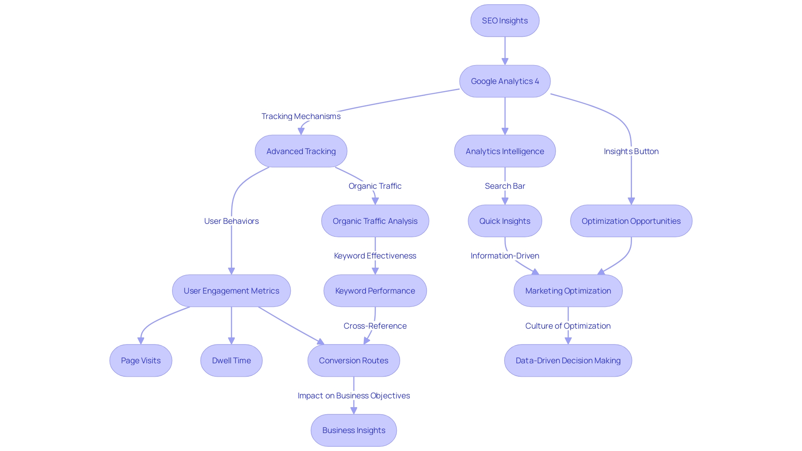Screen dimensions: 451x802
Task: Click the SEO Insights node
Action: pyautogui.click(x=505, y=21)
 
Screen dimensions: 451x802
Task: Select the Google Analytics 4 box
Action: pyautogui.click(x=505, y=81)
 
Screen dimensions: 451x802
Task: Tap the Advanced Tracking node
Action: pyautogui.click(x=301, y=151)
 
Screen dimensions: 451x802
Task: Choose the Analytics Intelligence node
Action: pyautogui.click(x=505, y=151)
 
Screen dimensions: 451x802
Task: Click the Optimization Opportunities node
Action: pyautogui.click(x=631, y=221)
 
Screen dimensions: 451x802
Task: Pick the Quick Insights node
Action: pyautogui.click(x=505, y=221)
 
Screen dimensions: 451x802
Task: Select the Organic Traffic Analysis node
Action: pyautogui.click(x=375, y=221)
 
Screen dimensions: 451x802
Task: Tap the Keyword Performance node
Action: pyautogui.click(x=375, y=291)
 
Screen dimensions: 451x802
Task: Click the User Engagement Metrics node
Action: pyautogui.click(x=231, y=291)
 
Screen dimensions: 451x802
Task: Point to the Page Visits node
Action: pyautogui.click(x=141, y=360)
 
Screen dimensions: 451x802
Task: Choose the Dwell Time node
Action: pyautogui.click(x=231, y=360)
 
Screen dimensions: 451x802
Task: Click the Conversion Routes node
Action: pyautogui.click(x=353, y=360)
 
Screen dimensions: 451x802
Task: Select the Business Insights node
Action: pyautogui.click(x=353, y=430)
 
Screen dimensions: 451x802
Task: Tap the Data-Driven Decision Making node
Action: pyautogui.click(x=568, y=360)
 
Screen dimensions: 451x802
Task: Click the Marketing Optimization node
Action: pyautogui.click(x=568, y=291)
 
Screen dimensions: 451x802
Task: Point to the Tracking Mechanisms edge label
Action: pyautogui.click(x=301, y=116)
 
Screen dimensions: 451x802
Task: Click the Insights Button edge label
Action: pyautogui.click(x=631, y=151)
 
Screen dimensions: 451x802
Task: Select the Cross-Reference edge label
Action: pyautogui.click(x=375, y=326)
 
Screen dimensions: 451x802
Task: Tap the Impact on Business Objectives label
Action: pyautogui.click(x=353, y=395)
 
